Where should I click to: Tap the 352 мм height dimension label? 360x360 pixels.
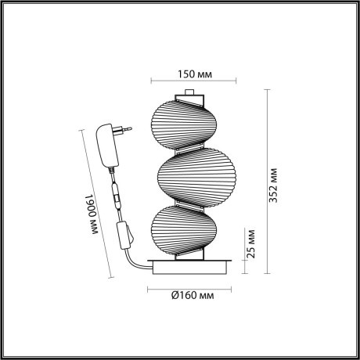point(273,185)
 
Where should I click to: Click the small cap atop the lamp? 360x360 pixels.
point(189,95)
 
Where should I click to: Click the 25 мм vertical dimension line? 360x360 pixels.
point(243,250)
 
